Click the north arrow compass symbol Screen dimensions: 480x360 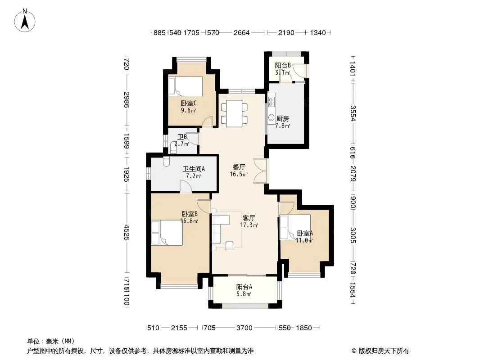tap(25, 21)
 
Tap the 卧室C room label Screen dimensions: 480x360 tap(189, 103)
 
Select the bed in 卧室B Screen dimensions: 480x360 tap(167, 233)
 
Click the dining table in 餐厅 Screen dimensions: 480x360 tap(234, 113)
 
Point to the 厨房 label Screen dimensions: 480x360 tap(282, 118)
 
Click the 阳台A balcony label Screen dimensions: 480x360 tap(244, 287)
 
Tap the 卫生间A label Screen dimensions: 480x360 tap(194, 169)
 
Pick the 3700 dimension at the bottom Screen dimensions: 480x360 tap(245, 328)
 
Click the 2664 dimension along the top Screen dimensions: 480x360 tap(241, 32)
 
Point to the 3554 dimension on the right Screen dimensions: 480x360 tap(353, 113)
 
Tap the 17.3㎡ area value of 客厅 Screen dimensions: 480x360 tap(249, 225)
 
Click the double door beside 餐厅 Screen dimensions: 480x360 tap(261, 171)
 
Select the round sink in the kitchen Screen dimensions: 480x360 tap(271, 118)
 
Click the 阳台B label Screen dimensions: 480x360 tap(282, 65)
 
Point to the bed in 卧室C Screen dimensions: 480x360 tap(186, 86)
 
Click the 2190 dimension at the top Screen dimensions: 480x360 tap(286, 32)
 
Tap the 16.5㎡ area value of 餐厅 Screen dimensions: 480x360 tap(239, 174)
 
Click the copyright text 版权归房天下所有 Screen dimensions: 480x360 tap(384, 351)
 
